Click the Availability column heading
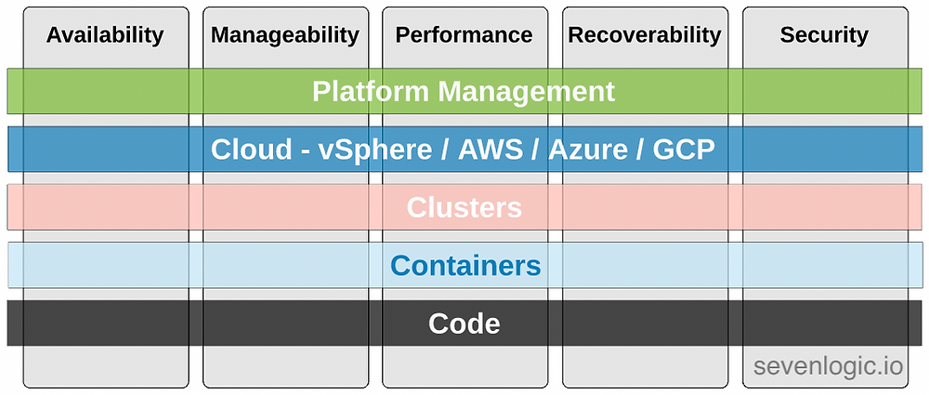pyautogui.click(x=105, y=36)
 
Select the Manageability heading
pyautogui.click(x=285, y=36)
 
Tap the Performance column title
pyautogui.click(x=464, y=35)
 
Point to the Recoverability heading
pyautogui.click(x=645, y=36)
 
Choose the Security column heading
pyautogui.click(x=824, y=36)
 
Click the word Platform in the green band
pyautogui.click(x=371, y=92)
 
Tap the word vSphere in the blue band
pyautogui.click(x=375, y=150)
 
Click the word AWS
pyautogui.click(x=491, y=150)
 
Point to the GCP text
pyautogui.click(x=684, y=150)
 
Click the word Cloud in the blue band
pyautogui.click(x=251, y=150)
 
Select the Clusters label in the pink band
pyautogui.click(x=464, y=207)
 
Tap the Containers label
pyautogui.click(x=465, y=266)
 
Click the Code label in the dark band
pyautogui.click(x=464, y=323)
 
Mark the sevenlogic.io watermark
pyautogui.click(x=829, y=366)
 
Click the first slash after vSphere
pyautogui.click(x=445, y=150)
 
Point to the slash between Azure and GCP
pyautogui.click(x=640, y=150)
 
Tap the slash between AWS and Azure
pyautogui.click(x=536, y=150)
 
